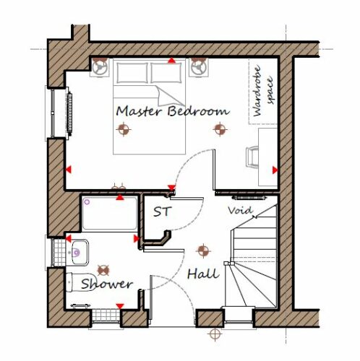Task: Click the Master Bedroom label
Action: point(173,111)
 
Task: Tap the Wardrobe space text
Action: point(263,91)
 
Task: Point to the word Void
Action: point(240,211)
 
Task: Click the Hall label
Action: point(203,274)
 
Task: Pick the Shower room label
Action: point(107,284)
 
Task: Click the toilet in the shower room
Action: point(77,282)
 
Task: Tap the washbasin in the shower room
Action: point(77,253)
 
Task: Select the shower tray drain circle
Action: point(87,202)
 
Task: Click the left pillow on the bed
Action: point(132,72)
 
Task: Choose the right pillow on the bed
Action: point(166,72)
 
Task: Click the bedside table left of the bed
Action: point(100,67)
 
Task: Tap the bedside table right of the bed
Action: point(199,67)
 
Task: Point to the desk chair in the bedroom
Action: point(252,157)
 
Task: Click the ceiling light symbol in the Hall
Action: point(203,251)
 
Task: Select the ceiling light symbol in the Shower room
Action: point(103,271)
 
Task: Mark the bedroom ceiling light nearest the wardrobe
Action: point(220,129)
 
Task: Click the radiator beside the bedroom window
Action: point(69,112)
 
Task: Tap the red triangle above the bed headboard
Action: point(171,60)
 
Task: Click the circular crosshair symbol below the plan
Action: point(215,334)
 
